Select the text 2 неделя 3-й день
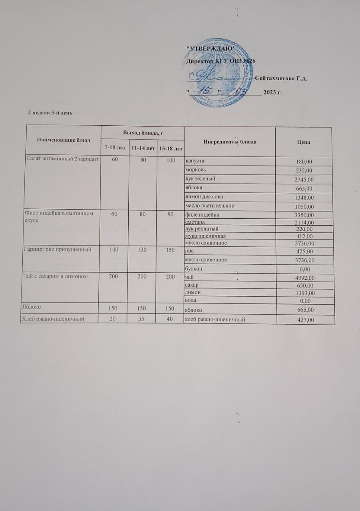click(50, 112)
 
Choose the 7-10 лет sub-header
click(115, 148)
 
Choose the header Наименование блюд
click(64, 140)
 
